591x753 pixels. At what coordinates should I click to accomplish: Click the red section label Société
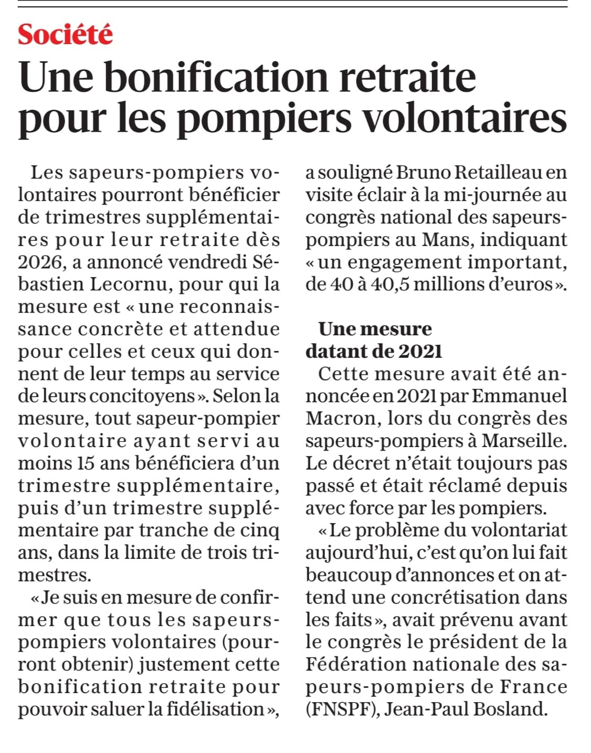(66, 35)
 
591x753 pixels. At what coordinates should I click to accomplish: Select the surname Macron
(340, 418)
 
